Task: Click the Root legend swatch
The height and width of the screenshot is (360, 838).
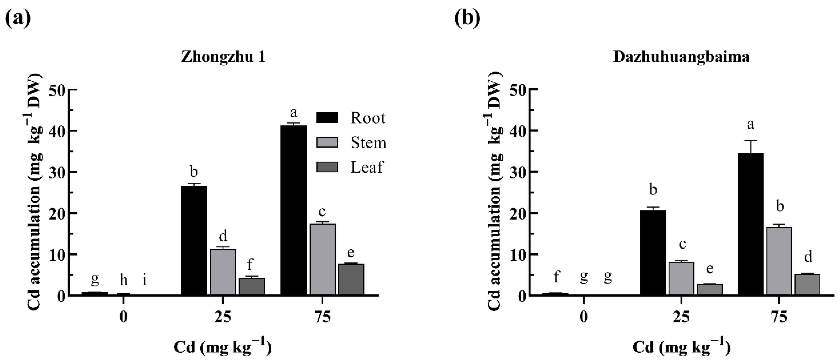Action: coord(327,118)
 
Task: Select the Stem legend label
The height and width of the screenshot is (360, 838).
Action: coord(368,143)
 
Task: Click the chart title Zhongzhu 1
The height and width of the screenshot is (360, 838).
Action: coord(223,57)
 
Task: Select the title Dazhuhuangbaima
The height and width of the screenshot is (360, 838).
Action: coord(681,57)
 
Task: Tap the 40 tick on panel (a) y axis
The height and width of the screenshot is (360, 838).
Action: coord(58,131)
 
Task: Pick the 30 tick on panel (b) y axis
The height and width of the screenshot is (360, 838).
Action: coord(517,172)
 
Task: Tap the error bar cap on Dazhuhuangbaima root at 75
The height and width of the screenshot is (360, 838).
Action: coord(751,141)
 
